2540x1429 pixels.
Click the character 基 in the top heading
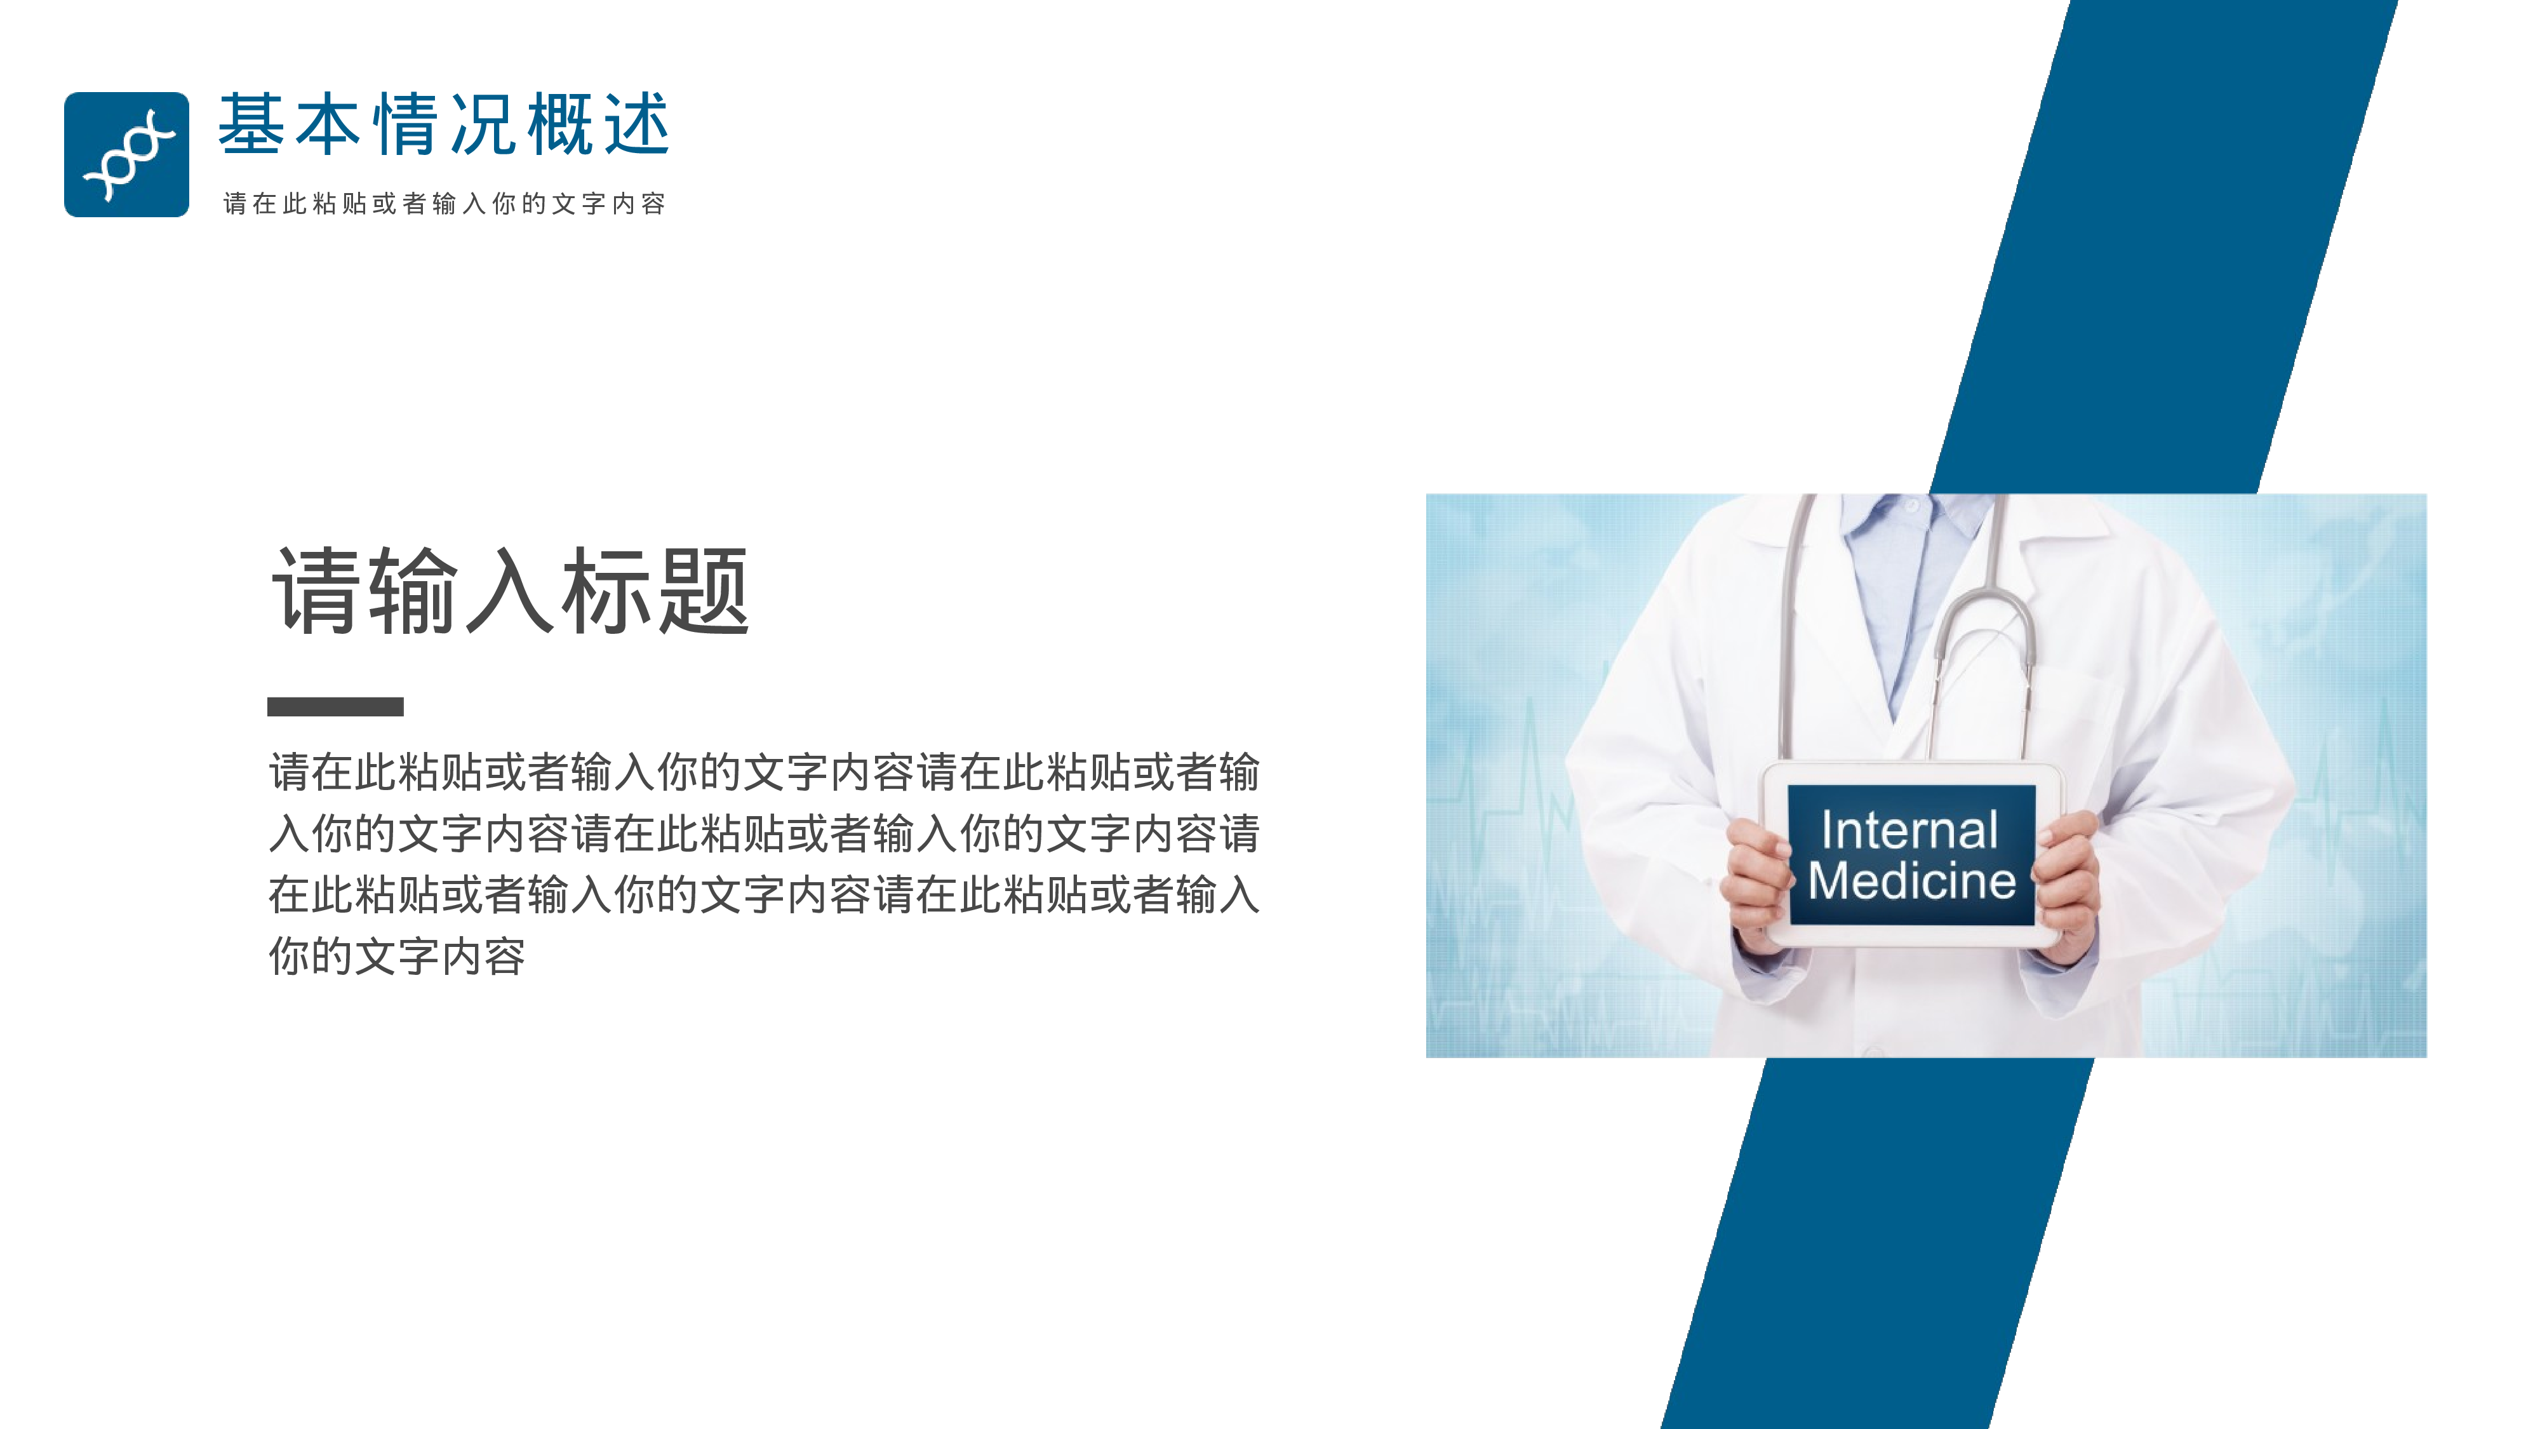pos(251,125)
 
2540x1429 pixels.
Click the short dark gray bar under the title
pos(335,706)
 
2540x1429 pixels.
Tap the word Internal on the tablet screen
pos(1909,829)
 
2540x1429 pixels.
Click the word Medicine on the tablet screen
pos(1911,881)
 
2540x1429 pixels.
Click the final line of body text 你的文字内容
pos(396,956)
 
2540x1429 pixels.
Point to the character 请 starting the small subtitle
pos(235,204)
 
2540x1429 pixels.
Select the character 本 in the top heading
pos(328,125)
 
